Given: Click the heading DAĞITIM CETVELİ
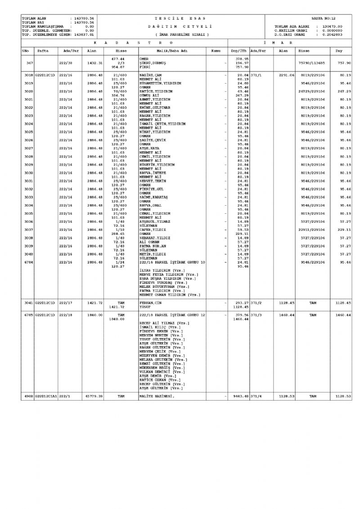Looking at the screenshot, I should click(x=180, y=27).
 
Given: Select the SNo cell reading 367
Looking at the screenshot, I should click(x=30, y=63).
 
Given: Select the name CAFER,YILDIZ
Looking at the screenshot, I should click(x=153, y=230).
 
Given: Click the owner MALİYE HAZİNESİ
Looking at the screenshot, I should click(x=156, y=396).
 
